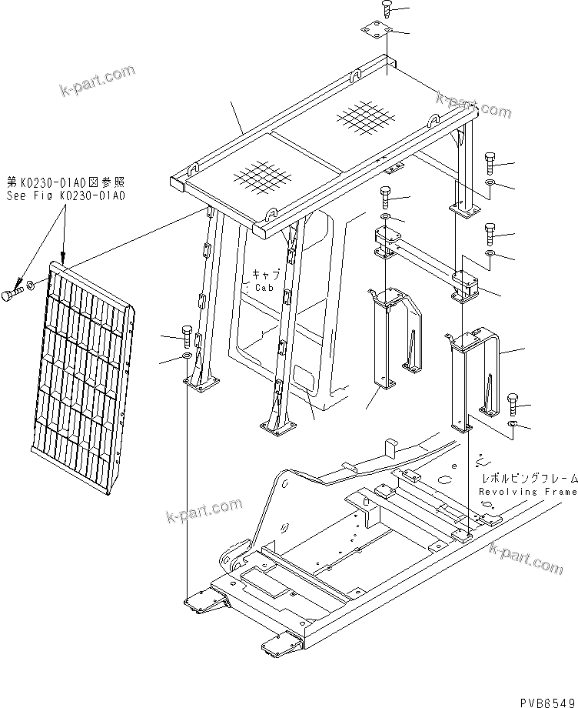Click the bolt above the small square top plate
tap(387, 10)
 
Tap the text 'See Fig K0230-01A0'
tap(65, 195)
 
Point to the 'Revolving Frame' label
tap(527, 491)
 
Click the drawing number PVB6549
tap(545, 699)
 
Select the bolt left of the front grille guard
tap(12, 294)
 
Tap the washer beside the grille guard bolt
tap(29, 286)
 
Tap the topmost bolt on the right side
tap(490, 162)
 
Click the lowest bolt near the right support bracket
tap(513, 401)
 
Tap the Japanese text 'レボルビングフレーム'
tap(526, 479)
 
